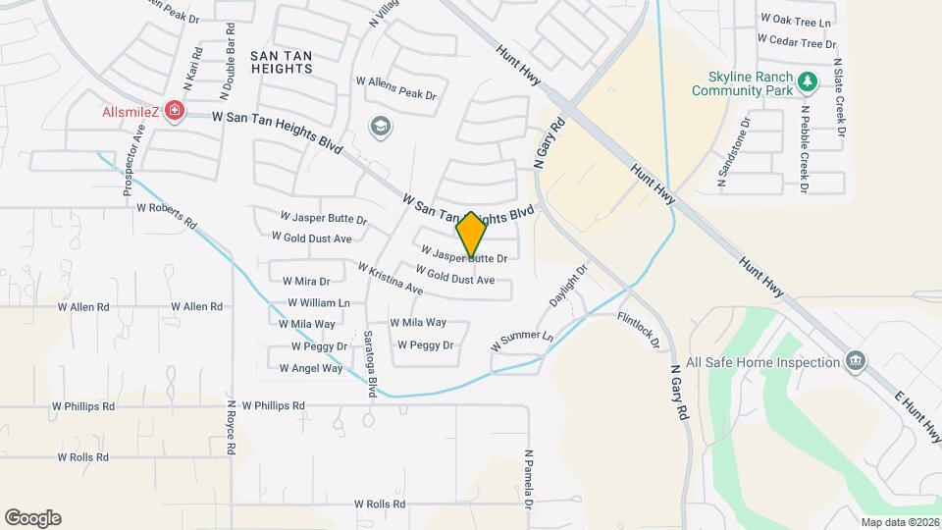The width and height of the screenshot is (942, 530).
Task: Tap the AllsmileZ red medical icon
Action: coord(175,111)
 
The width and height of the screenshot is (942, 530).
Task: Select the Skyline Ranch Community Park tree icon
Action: coord(808,82)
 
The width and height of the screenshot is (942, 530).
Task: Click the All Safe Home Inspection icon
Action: coord(856,362)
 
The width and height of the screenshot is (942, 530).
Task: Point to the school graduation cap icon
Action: coord(380,126)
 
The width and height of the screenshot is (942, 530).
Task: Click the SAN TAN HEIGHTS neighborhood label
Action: coord(282,62)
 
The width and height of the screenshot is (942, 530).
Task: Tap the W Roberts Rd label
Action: coord(167,208)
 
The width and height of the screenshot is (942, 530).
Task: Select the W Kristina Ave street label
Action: coord(390,279)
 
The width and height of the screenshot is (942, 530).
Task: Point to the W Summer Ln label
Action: coord(522,342)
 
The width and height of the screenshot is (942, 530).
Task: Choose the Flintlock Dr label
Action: coord(639,331)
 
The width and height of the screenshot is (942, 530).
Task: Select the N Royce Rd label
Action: coord(231,426)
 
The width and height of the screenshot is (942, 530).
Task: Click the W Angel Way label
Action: coord(311,369)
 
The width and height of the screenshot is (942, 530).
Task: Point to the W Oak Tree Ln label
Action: coord(796,20)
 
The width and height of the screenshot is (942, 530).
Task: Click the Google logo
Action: coord(32,517)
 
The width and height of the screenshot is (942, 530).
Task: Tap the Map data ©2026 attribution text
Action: coord(900,522)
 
